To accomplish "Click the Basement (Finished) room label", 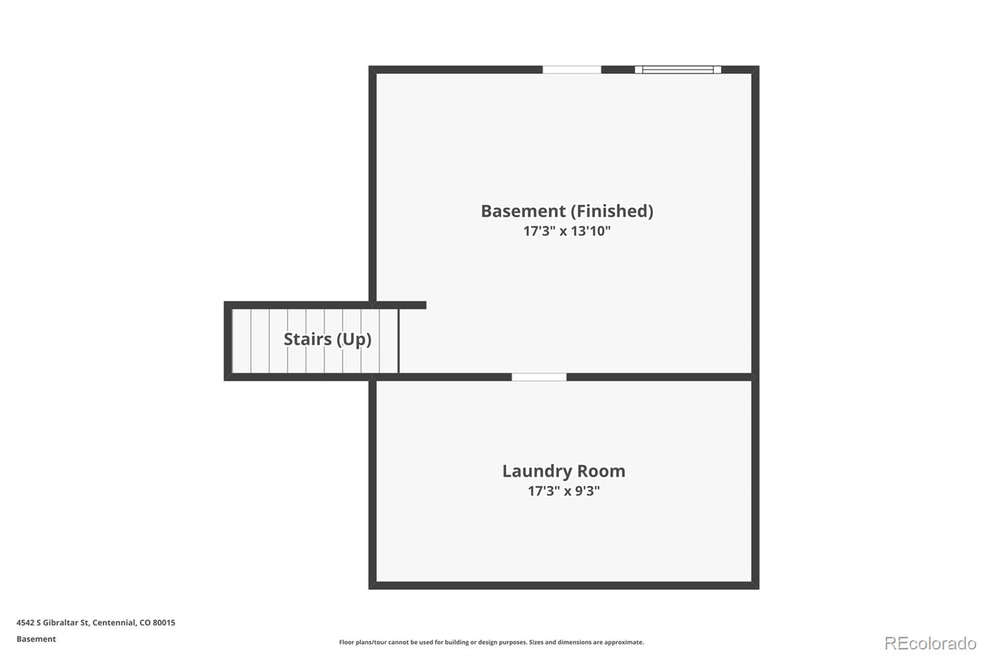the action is (567, 211).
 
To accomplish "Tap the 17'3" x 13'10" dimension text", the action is (567, 231).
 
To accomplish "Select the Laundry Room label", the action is (564, 471).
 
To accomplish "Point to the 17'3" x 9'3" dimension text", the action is (564, 491).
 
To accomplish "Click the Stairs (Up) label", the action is (327, 339).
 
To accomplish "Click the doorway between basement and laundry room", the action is (539, 377).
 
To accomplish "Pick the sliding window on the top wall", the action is (678, 69).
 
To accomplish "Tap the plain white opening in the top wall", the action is (572, 69).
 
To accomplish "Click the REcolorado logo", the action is (930, 643).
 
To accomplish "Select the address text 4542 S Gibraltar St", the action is (53, 622).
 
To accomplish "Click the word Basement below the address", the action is (36, 639).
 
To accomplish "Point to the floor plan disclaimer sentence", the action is (491, 642).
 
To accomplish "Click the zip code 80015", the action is (163, 622).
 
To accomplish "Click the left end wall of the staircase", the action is (228, 341).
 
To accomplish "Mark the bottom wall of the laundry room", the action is (564, 585).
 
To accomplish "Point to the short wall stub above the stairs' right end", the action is (399, 305).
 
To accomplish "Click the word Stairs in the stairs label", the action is (308, 339).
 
